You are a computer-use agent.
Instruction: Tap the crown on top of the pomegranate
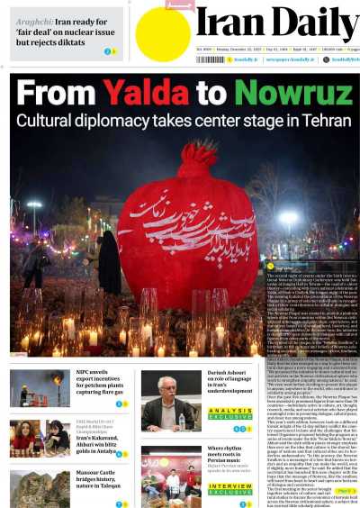196,160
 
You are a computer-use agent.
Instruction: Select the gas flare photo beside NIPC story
40,387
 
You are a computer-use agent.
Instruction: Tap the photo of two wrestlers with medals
40,438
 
